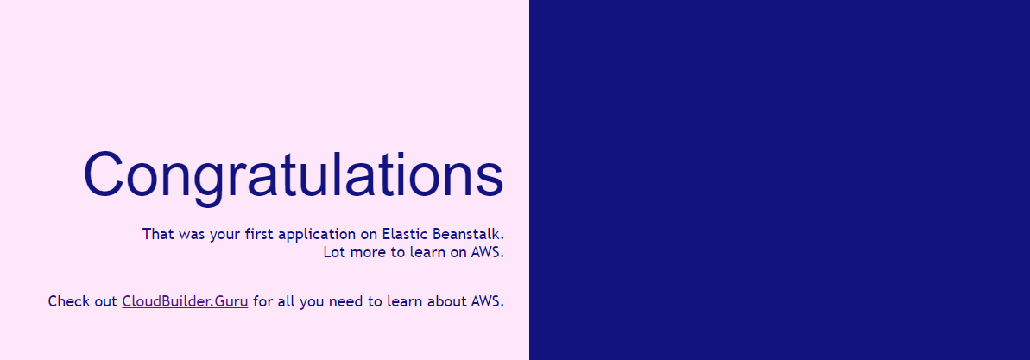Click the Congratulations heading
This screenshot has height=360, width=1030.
294,176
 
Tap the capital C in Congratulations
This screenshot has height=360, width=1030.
103,174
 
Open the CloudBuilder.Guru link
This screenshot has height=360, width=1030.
185,301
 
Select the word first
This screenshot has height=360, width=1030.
260,234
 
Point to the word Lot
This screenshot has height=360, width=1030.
334,251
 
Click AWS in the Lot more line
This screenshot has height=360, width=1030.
487,251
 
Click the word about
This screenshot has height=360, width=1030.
446,301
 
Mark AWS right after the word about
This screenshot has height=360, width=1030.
487,301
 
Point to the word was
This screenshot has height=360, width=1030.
190,235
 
